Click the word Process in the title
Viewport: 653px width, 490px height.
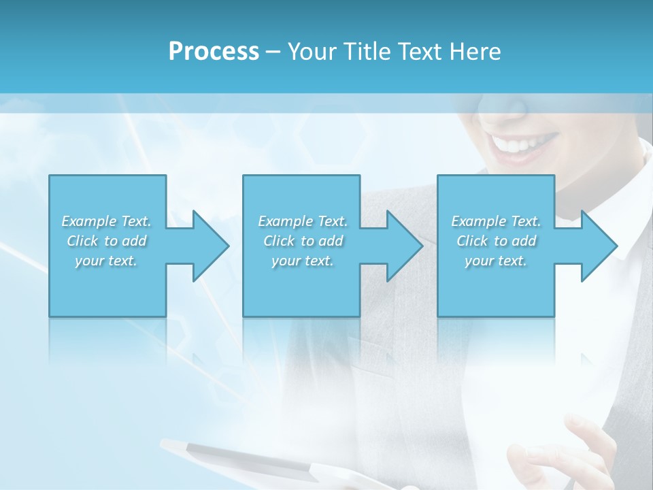point(214,52)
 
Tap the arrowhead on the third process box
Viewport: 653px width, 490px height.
point(598,246)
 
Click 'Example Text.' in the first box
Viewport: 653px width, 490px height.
point(107,221)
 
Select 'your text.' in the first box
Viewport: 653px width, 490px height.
point(107,261)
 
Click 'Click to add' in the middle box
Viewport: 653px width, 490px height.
point(303,241)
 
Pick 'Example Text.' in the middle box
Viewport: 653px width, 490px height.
point(303,221)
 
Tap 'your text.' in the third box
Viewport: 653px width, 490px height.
point(496,261)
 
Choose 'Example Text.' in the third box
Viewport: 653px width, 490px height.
point(496,221)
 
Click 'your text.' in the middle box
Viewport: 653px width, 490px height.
point(303,261)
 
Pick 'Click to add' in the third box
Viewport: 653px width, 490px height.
point(496,241)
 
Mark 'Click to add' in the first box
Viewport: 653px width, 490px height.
point(107,241)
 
